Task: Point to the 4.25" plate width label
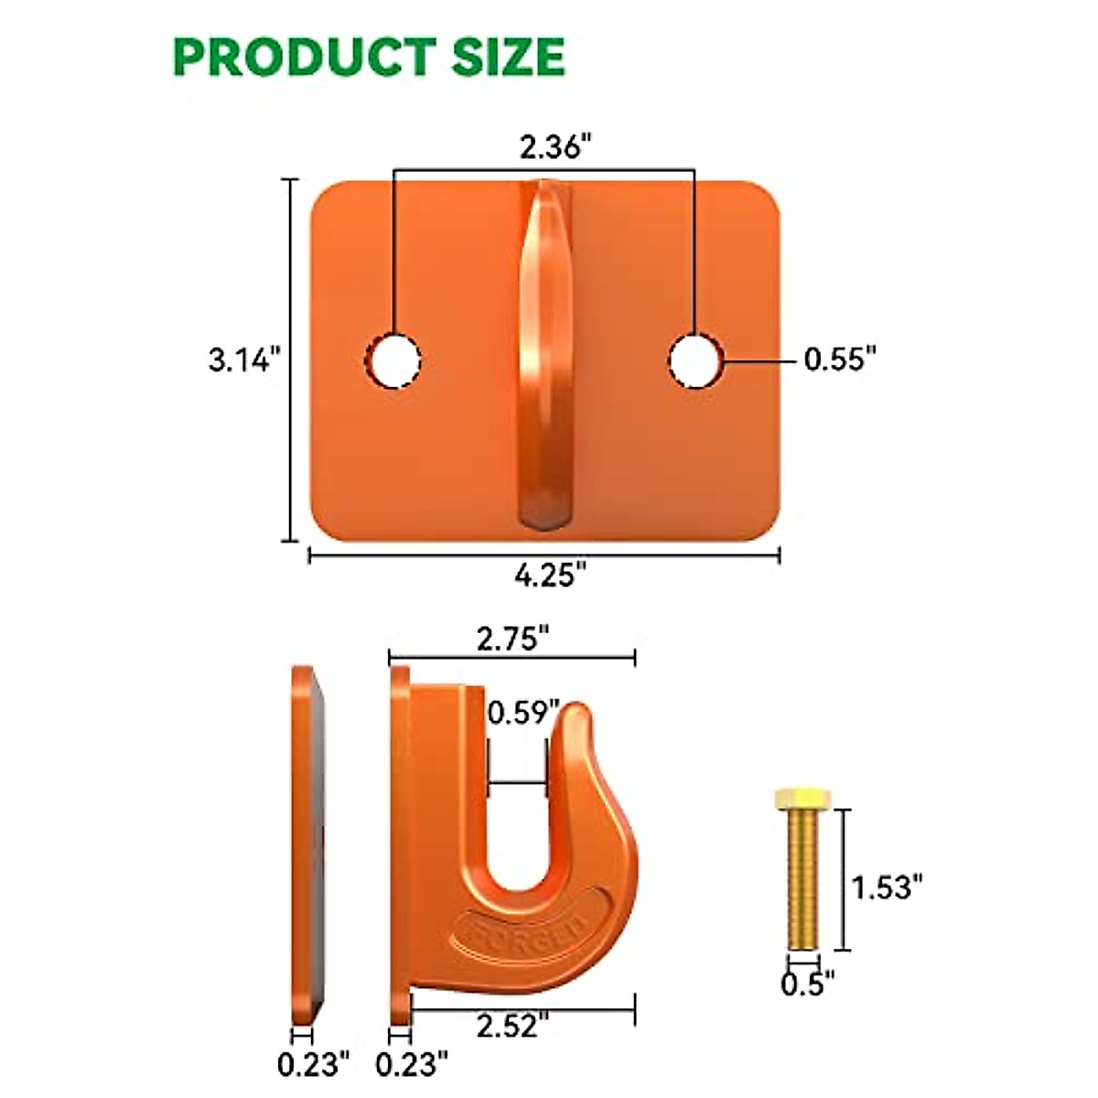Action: (550, 576)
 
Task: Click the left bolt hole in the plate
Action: (394, 361)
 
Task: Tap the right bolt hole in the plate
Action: (694, 361)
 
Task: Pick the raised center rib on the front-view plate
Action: (544, 357)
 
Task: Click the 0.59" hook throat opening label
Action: (522, 712)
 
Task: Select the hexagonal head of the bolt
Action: (802, 799)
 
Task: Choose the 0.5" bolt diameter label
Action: (808, 985)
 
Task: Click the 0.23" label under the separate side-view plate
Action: (314, 1064)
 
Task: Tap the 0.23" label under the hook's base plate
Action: (412, 1064)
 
